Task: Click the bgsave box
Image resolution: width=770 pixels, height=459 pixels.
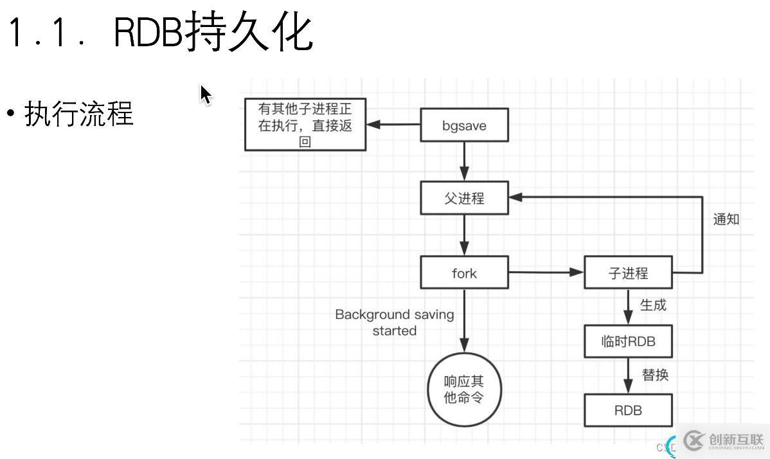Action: pos(464,125)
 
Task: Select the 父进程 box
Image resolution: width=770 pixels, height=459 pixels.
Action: pos(464,198)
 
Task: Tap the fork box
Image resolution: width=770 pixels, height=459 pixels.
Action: pos(464,273)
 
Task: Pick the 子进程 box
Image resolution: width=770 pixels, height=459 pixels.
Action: pos(628,273)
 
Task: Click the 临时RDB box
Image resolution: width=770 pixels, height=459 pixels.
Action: pos(628,341)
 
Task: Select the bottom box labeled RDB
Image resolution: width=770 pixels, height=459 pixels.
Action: pos(628,410)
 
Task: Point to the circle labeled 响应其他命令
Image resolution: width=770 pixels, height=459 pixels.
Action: pos(464,390)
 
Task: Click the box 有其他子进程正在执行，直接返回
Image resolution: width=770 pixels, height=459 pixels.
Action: pos(305,125)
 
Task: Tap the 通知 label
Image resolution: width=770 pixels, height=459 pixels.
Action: pos(726,219)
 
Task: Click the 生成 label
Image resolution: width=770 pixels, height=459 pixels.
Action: pos(653,305)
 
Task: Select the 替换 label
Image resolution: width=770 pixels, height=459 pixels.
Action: pos(655,375)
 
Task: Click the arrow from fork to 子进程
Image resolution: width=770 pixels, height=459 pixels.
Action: pos(546,273)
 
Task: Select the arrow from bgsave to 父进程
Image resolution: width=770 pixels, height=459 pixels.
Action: pos(464,161)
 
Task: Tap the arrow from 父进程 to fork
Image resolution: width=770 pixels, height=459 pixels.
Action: pos(464,235)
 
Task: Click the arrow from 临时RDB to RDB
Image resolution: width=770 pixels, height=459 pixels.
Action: pos(628,376)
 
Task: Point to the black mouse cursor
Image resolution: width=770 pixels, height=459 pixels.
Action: pos(205,94)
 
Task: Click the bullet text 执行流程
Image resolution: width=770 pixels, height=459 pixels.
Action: pos(78,114)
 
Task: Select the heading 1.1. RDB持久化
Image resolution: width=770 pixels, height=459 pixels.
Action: pos(161,32)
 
